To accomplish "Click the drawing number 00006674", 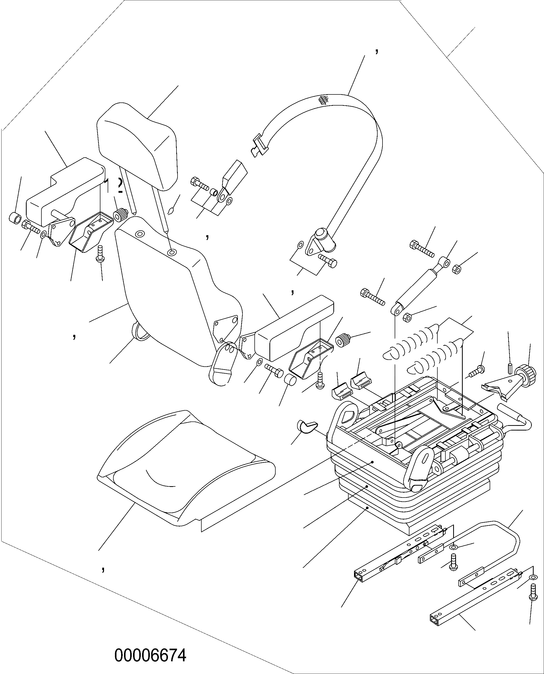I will tap(150, 655).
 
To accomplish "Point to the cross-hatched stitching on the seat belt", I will tap(323, 100).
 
